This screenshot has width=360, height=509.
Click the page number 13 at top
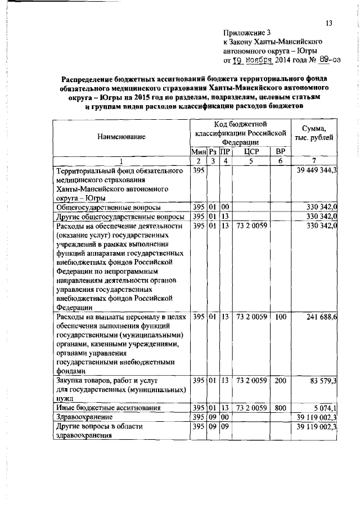click(329, 22)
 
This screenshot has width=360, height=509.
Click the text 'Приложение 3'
click(246, 32)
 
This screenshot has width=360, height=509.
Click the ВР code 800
click(281, 407)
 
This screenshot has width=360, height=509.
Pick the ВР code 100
click(281, 318)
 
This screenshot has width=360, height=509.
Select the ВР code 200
click(281, 380)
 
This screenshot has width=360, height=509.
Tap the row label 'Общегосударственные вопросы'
click(104, 207)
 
